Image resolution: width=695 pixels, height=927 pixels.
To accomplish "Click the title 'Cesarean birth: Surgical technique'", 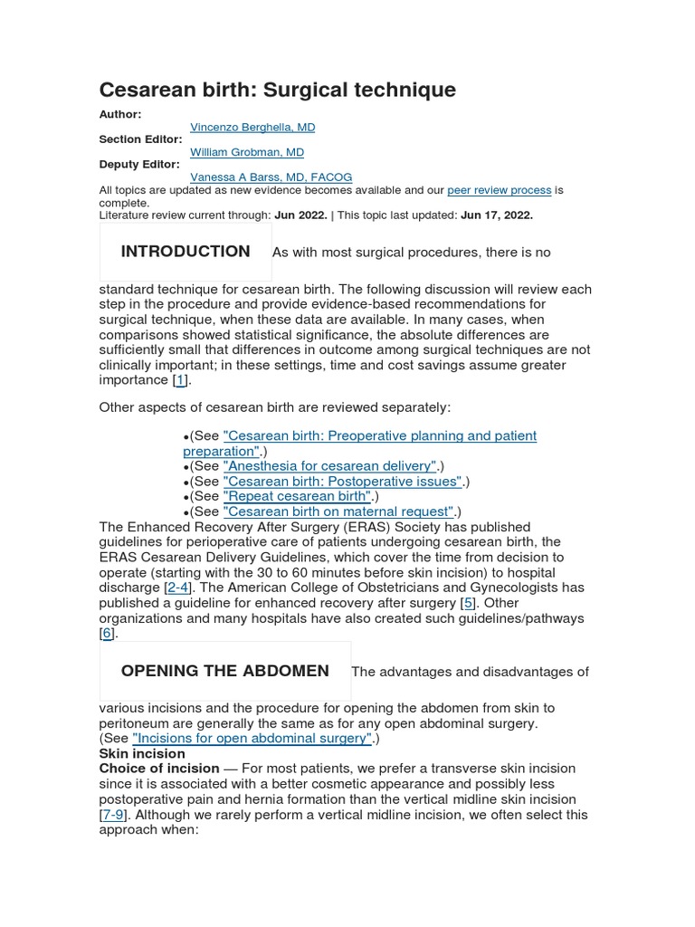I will tap(277, 90).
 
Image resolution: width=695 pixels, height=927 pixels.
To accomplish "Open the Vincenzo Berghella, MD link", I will tap(252, 128).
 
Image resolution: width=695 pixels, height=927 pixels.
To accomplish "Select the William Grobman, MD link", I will tap(247, 152).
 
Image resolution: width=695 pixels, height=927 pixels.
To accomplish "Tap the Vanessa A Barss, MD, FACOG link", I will tap(271, 177).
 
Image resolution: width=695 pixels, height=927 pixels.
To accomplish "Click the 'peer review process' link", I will tap(499, 190).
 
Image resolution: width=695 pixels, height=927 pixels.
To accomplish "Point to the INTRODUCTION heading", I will tap(186, 252).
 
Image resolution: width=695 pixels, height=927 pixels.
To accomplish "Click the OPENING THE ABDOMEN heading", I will tap(224, 671).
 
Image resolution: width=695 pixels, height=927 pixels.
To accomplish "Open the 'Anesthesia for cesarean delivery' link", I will tap(330, 466).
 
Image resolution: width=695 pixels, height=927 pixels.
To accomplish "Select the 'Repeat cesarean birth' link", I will tap(298, 496).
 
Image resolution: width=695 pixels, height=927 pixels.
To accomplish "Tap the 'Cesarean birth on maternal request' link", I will tap(338, 511).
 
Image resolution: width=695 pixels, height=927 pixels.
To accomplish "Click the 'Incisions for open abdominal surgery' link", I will tap(252, 738).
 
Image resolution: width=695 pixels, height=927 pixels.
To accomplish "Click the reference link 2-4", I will tap(177, 588).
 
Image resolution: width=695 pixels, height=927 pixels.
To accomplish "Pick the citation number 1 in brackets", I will tap(181, 380).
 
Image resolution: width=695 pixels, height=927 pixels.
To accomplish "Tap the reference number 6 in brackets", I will tap(108, 634).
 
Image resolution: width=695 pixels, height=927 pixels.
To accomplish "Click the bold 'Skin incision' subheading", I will tap(142, 753).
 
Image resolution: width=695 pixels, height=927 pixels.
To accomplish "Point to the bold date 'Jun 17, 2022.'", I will tap(497, 215).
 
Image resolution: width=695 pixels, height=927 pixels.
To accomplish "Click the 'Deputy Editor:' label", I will tap(140, 165).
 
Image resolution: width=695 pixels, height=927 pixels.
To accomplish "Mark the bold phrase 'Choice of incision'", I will tap(159, 769).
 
